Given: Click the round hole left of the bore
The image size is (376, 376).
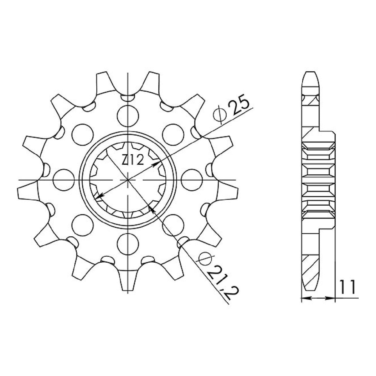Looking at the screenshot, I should point(64,180).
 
